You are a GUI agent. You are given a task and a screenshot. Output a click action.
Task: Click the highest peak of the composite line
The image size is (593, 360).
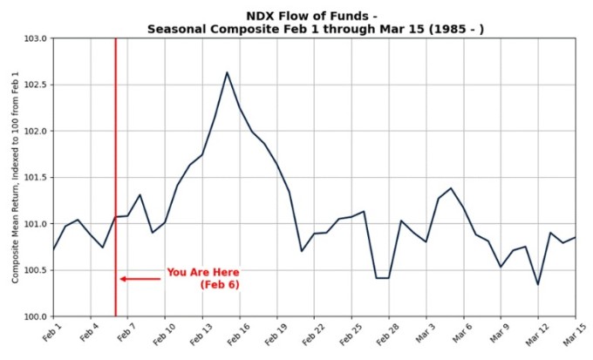tap(227, 72)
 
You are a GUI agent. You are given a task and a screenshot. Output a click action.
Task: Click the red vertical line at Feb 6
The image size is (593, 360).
tap(115, 174)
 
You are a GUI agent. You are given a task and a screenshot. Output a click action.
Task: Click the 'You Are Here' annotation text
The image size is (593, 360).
tap(202, 273)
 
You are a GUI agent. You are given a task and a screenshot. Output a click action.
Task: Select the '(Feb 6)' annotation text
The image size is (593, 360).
tap(220, 285)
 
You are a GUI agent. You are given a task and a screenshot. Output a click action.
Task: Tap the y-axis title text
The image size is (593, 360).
tap(16, 178)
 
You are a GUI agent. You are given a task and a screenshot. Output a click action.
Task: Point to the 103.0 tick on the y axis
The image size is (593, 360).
tap(35, 39)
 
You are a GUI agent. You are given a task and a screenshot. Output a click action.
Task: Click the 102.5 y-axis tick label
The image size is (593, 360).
tap(35, 85)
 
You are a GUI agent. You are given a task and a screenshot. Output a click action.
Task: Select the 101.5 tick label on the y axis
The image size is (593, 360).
tap(35, 178)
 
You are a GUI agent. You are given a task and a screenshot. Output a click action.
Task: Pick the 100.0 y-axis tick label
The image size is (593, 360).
tap(35, 316)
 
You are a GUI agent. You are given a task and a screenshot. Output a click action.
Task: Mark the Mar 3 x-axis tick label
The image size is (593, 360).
tap(424, 334)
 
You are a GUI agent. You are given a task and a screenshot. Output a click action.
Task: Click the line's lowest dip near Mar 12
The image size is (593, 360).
tap(538, 284)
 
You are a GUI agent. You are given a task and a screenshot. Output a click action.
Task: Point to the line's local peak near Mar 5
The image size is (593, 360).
tap(451, 188)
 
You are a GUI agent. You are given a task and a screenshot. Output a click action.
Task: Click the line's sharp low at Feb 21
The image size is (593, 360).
tap(302, 251)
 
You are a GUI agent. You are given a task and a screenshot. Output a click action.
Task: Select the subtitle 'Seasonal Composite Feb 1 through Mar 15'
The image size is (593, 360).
tap(316, 29)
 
